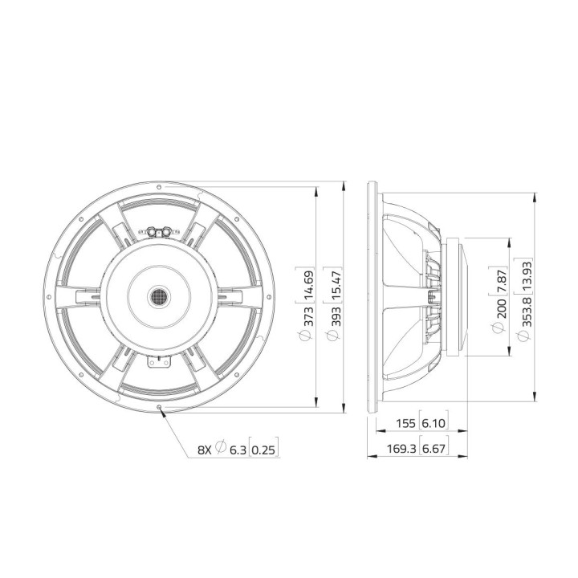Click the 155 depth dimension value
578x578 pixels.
point(408,423)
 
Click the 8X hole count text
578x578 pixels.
point(205,449)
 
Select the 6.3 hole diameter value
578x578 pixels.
point(238,449)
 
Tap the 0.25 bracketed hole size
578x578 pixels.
point(266,449)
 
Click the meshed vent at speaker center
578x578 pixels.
point(160,297)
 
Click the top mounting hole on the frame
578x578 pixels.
point(160,185)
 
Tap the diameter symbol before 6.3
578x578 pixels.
point(220,448)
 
